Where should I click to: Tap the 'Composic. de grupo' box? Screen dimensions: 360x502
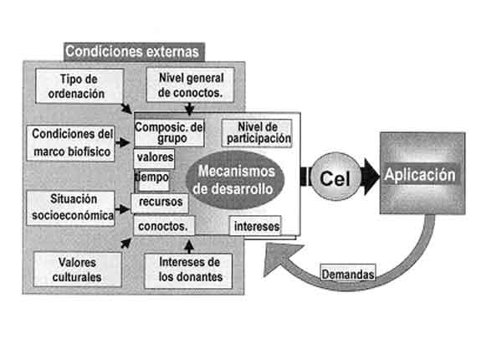[x=169, y=133]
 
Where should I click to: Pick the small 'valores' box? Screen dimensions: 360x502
[x=154, y=157]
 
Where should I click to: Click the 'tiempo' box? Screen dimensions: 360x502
[x=152, y=178]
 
